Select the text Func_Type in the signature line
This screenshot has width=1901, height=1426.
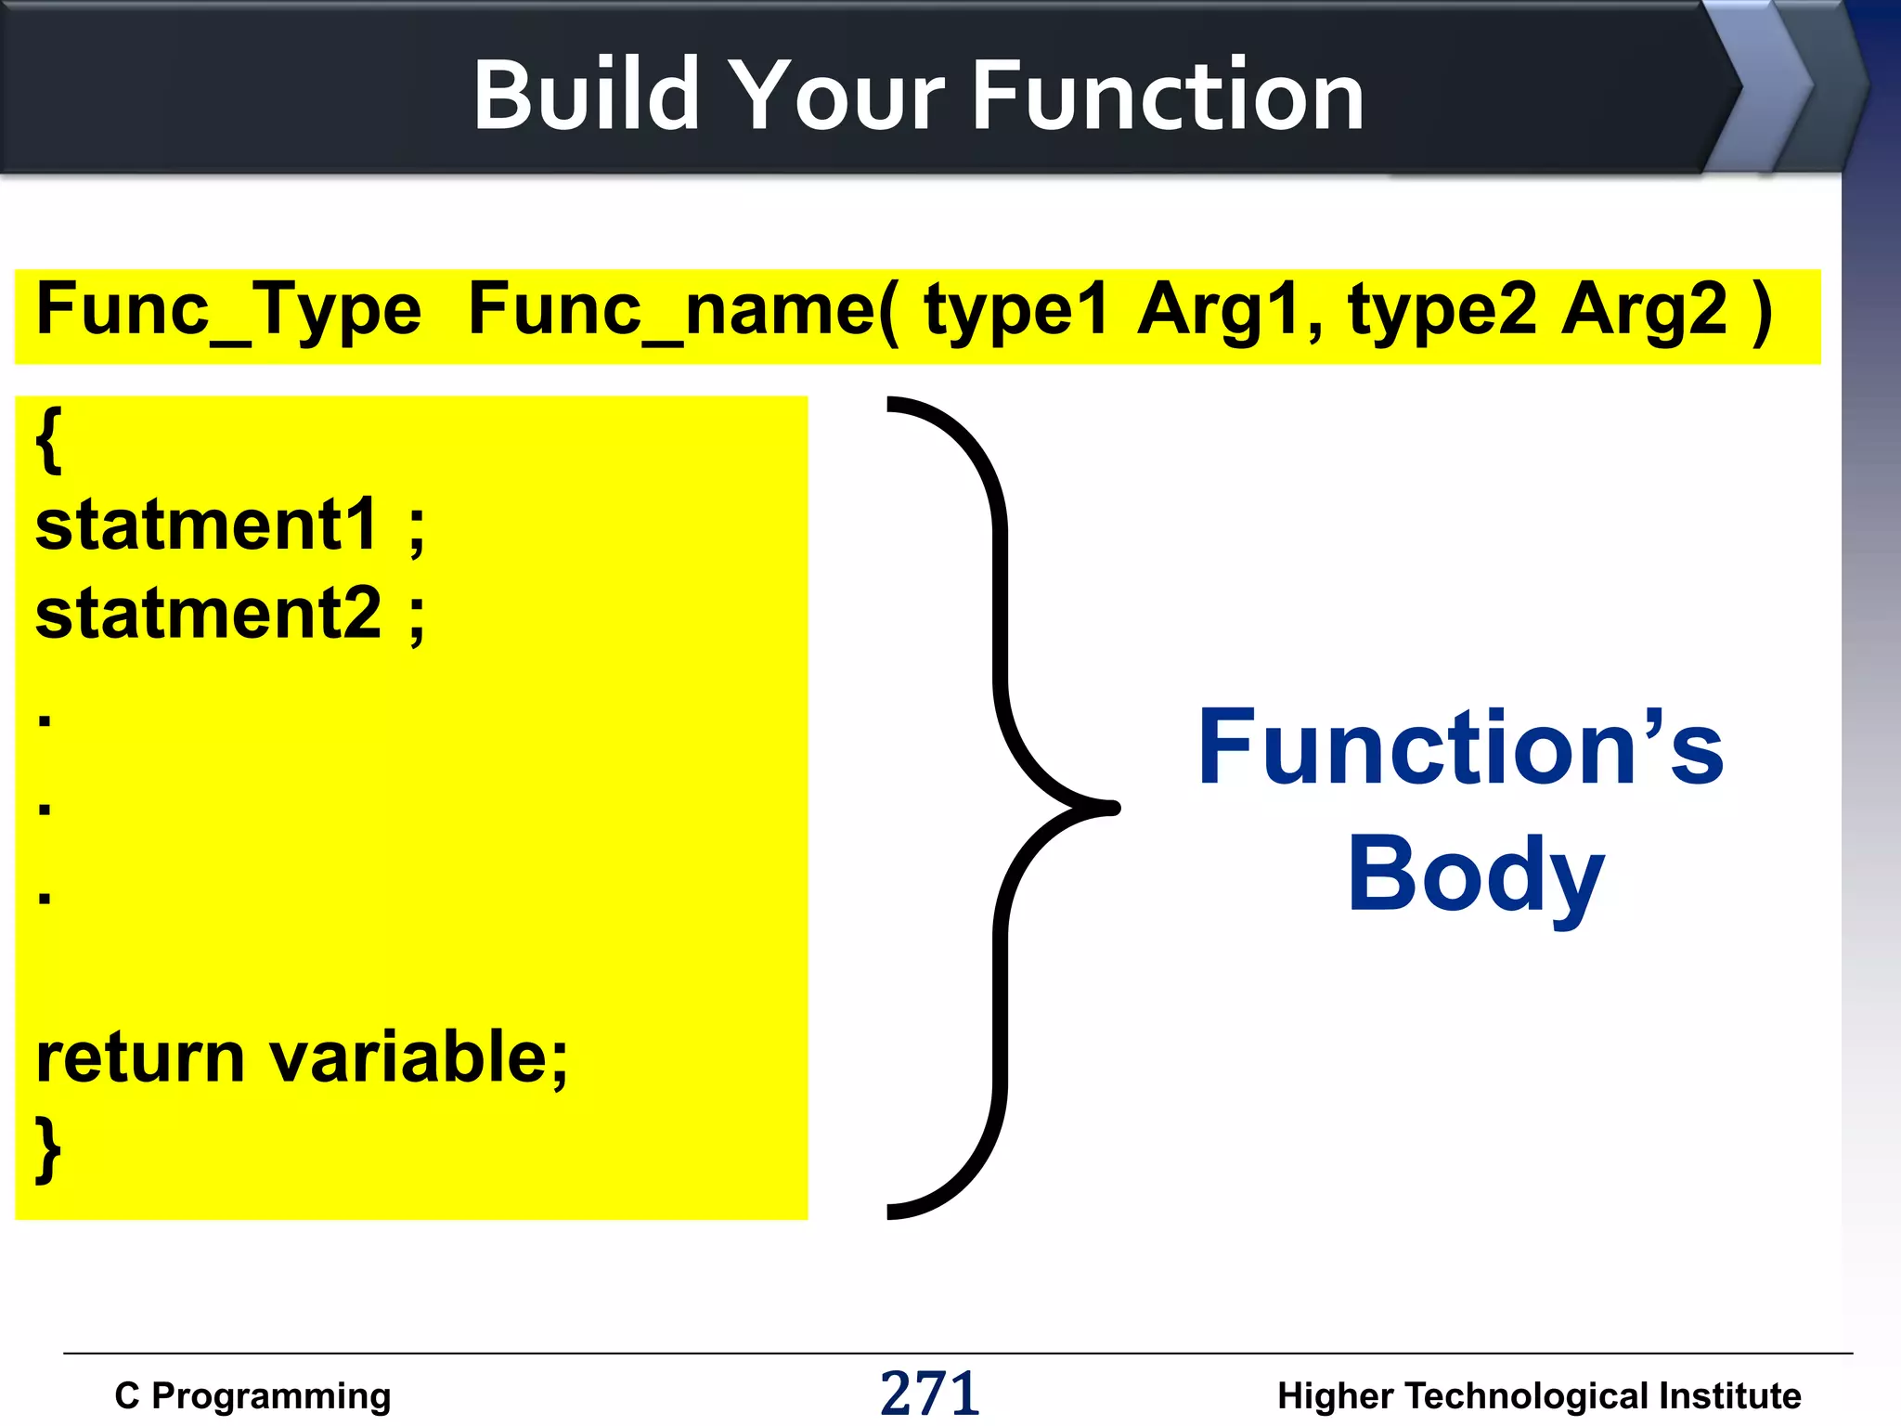(x=228, y=312)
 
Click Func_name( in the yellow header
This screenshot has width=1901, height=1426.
(x=683, y=312)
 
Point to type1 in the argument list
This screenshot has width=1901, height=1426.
(x=1015, y=312)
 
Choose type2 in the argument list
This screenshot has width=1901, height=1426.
(x=1442, y=312)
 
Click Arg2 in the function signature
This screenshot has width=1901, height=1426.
(x=1643, y=312)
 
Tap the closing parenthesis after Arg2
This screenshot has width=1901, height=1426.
(x=1762, y=312)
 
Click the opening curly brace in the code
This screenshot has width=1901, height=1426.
(x=48, y=439)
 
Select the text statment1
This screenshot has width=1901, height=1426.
(x=206, y=525)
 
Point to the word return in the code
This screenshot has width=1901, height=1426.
(x=139, y=1058)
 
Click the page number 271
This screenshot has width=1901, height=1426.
(x=929, y=1394)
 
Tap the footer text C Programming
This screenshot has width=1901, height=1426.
(x=252, y=1395)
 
